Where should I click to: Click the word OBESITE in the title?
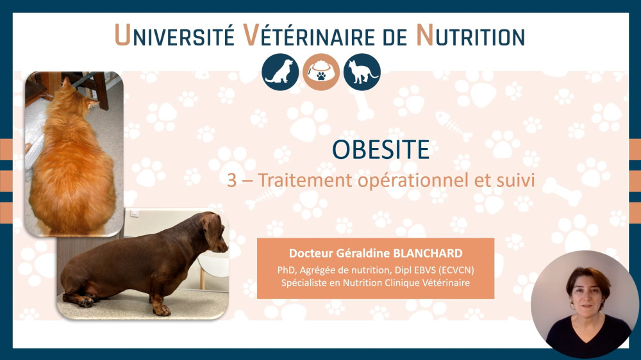pyautogui.click(x=381, y=149)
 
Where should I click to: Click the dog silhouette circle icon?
pyautogui.click(x=280, y=72)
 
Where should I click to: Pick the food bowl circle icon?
pyautogui.click(x=321, y=72)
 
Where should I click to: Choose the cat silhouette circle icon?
pyautogui.click(x=362, y=72)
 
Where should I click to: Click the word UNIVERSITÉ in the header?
pyautogui.click(x=174, y=35)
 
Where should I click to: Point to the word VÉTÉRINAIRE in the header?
pyautogui.click(x=309, y=35)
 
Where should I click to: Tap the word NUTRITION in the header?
pyautogui.click(x=470, y=35)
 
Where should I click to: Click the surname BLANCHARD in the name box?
pyautogui.click(x=428, y=254)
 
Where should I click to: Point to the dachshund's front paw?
pyautogui.click(x=162, y=310)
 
